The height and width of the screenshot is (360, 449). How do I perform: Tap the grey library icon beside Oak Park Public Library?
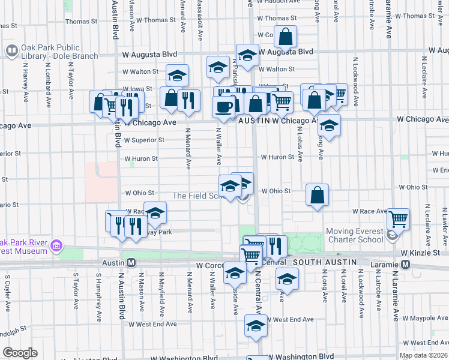[11, 52]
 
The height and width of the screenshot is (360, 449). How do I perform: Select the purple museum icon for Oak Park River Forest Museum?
[57, 245]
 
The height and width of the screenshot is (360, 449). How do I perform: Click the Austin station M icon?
[131, 263]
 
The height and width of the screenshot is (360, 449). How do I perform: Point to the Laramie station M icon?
[405, 264]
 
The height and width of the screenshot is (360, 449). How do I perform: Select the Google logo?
[20, 353]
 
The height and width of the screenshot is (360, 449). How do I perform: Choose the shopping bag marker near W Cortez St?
[286, 37]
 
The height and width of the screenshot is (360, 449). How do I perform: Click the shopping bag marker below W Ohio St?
[317, 195]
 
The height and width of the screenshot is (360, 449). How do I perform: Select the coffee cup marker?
[224, 107]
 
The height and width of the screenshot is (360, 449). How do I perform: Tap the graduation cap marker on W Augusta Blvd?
[247, 56]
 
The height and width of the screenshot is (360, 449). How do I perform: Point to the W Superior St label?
[145, 140]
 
